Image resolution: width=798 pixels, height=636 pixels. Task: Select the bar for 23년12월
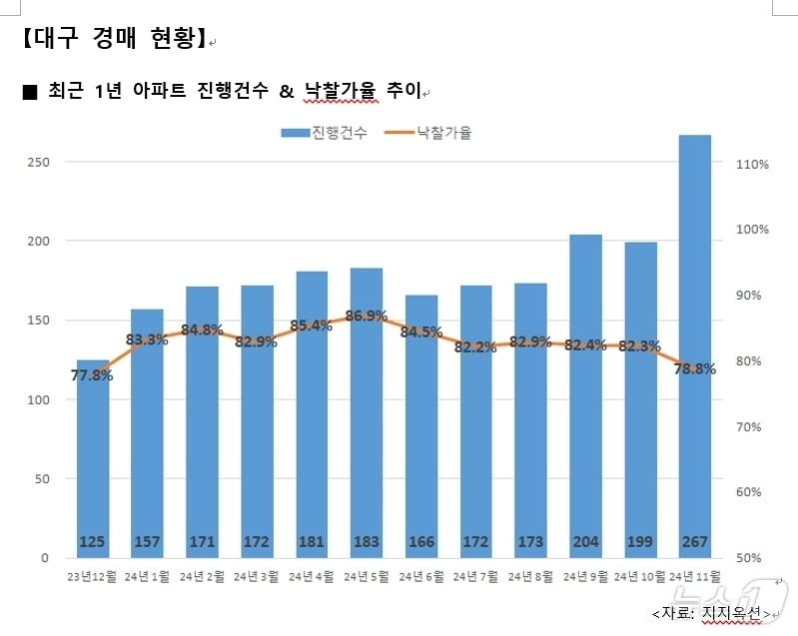pos(93,459)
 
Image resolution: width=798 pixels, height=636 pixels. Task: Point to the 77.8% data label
pos(92,375)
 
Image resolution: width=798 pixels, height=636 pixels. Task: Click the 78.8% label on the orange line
pos(694,368)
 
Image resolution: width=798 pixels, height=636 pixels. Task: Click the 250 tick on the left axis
pos(37,162)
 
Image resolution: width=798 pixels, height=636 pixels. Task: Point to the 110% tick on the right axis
pos(752,164)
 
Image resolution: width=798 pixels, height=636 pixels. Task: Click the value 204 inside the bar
pos(585,542)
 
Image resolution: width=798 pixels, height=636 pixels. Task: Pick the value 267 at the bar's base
pos(694,542)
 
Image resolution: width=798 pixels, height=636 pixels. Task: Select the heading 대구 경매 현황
pos(112,40)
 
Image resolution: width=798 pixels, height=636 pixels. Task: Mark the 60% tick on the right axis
pos(752,492)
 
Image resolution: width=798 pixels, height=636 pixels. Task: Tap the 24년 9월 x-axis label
pos(585,576)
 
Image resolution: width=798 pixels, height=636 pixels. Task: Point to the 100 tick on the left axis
pos(37,399)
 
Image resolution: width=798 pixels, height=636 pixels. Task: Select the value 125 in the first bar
pos(93,542)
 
